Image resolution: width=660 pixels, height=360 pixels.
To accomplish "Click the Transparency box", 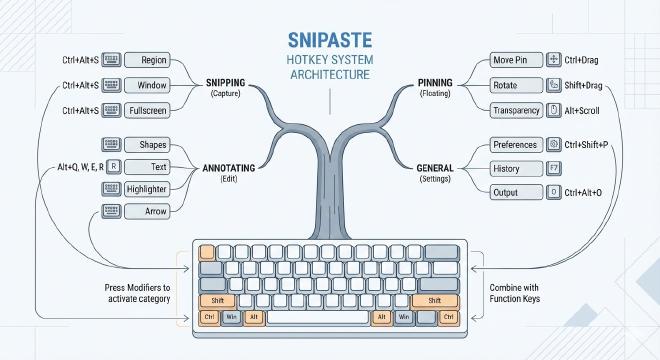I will pyautogui.click(x=517, y=110).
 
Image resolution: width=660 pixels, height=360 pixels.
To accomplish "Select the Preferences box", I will pyautogui.click(x=517, y=144).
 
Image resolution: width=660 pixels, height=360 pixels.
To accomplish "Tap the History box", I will pyautogui.click(x=507, y=167).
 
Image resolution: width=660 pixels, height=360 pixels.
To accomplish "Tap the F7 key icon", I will pyautogui.click(x=554, y=167).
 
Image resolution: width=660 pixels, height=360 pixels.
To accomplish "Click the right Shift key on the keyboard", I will pyautogui.click(x=434, y=300).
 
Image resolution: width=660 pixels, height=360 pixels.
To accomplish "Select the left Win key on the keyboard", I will pyautogui.click(x=231, y=317).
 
